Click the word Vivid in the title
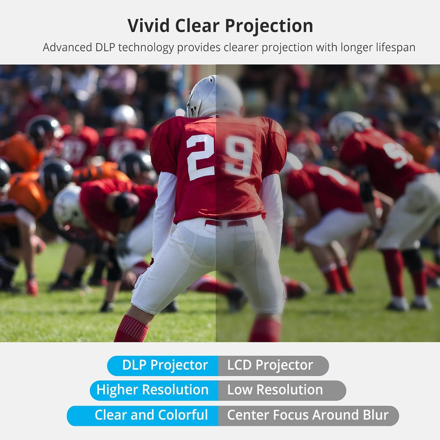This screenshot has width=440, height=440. pyautogui.click(x=149, y=26)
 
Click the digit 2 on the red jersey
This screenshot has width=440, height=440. pyautogui.click(x=200, y=157)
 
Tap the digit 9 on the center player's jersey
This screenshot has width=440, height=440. pyautogui.click(x=239, y=156)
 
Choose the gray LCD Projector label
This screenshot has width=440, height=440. pyautogui.click(x=271, y=365)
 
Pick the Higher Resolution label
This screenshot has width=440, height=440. pyautogui.click(x=153, y=390)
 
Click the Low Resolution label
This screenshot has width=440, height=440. pyautogui.click(x=275, y=390)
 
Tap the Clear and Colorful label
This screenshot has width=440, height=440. pyautogui.click(x=151, y=415)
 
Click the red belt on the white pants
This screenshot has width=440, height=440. pyautogui.click(x=226, y=223)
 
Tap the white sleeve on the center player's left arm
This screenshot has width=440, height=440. pyautogui.click(x=164, y=207)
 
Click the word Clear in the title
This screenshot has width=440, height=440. pyautogui.click(x=197, y=26)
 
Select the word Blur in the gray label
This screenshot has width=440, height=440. pyautogui.click(x=374, y=415)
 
